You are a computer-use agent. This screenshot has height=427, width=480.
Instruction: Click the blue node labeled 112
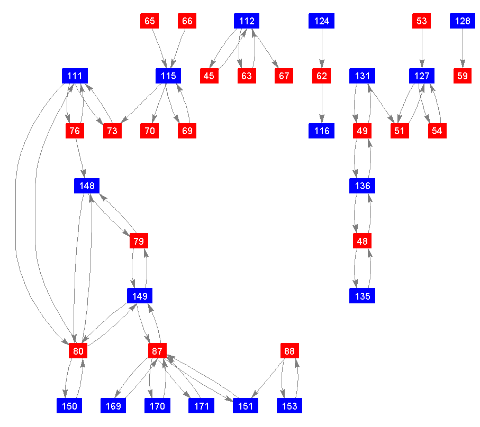click(x=247, y=21)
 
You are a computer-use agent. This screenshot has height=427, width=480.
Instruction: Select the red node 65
click(x=150, y=21)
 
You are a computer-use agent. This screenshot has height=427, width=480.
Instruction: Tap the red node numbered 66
click(x=187, y=21)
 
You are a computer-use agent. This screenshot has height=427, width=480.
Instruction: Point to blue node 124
click(x=322, y=21)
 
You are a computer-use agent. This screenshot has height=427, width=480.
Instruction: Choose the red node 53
click(x=422, y=21)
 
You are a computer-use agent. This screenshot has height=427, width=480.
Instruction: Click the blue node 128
click(x=463, y=21)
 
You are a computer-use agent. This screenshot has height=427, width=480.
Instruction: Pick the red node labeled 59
click(x=463, y=76)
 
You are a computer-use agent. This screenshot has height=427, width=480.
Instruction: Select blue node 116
click(x=322, y=131)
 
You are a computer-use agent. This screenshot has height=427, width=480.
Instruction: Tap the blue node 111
click(x=75, y=76)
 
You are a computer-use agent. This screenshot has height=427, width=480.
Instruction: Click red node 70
click(x=150, y=131)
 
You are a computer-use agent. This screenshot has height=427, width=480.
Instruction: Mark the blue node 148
click(x=87, y=186)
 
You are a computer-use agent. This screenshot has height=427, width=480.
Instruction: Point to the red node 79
click(x=138, y=241)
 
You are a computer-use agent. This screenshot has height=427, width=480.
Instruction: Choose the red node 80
click(x=77, y=351)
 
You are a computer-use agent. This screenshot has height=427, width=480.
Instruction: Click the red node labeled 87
click(x=157, y=351)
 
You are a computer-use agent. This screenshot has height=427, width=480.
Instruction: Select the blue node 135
click(x=363, y=296)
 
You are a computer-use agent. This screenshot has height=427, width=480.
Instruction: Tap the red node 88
click(x=289, y=351)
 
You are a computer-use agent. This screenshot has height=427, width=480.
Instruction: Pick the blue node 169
click(x=114, y=406)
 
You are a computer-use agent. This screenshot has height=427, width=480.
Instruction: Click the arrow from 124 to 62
click(x=322, y=49)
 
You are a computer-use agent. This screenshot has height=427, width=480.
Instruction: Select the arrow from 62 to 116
click(x=322, y=104)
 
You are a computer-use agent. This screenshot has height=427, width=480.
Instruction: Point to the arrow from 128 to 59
click(x=463, y=49)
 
